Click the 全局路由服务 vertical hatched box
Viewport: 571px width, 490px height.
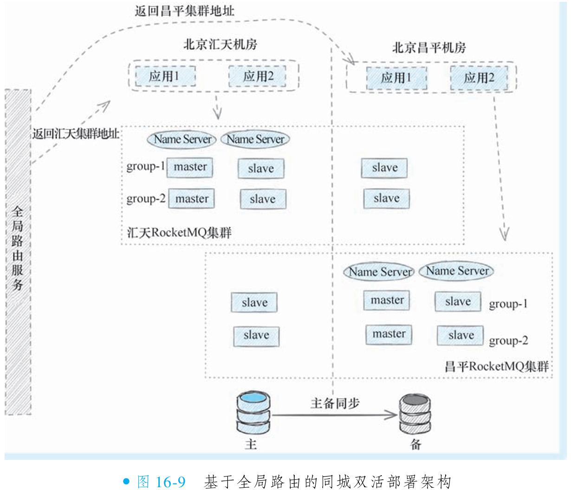tap(18, 251)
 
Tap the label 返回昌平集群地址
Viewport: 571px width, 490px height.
tap(184, 11)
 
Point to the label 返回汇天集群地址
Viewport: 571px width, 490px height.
tap(75, 134)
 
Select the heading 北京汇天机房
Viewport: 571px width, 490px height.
tap(220, 45)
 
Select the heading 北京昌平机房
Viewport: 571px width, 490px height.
tap(429, 47)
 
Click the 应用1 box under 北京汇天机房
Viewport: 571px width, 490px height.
tap(165, 76)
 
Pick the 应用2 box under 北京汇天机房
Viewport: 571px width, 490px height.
tap(258, 76)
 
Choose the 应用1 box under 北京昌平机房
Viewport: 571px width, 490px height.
tap(396, 77)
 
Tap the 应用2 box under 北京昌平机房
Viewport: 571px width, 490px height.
tap(479, 77)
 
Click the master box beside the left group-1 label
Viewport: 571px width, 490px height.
tap(190, 167)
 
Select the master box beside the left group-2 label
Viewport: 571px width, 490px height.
tap(191, 199)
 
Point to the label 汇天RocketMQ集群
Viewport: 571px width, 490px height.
tap(179, 232)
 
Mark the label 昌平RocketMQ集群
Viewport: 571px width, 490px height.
tap(496, 366)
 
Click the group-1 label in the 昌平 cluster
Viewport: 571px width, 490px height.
tap(508, 304)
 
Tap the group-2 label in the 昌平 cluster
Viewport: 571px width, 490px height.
tap(508, 341)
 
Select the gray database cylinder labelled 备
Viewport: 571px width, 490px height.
tap(415, 415)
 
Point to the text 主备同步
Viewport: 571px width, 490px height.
tap(335, 403)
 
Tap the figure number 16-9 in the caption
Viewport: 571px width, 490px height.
tap(170, 482)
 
